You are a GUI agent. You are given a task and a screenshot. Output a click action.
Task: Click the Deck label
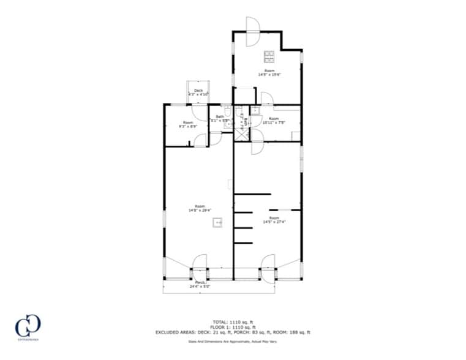(198, 91)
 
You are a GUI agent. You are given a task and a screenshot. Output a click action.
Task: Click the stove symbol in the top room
(269, 57)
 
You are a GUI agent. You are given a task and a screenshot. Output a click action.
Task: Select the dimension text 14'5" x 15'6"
(269, 75)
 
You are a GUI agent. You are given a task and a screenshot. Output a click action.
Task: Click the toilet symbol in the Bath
(227, 111)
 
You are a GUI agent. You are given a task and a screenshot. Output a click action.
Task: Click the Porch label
(200, 282)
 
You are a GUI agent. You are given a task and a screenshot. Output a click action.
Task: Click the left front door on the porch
(200, 263)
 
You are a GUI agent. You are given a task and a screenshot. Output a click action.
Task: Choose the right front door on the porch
(268, 263)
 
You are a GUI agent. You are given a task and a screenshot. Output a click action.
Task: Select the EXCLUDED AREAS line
(233, 332)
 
